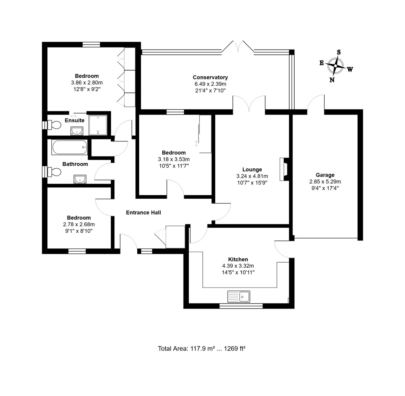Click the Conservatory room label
(x=210, y=77)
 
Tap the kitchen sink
(x=239, y=297)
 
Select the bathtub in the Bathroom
(x=70, y=147)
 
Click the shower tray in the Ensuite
(x=98, y=125)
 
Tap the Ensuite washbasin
(x=77, y=131)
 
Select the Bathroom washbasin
(x=80, y=179)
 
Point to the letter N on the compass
(x=332, y=80)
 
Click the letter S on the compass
(x=339, y=52)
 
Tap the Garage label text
(x=325, y=175)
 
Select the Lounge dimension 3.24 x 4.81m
(x=252, y=176)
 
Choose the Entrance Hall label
(x=143, y=212)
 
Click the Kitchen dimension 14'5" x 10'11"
(x=238, y=272)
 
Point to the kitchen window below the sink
(x=241, y=306)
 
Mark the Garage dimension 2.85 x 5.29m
(x=325, y=181)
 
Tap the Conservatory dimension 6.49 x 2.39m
(x=210, y=84)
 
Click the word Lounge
(x=252, y=169)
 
